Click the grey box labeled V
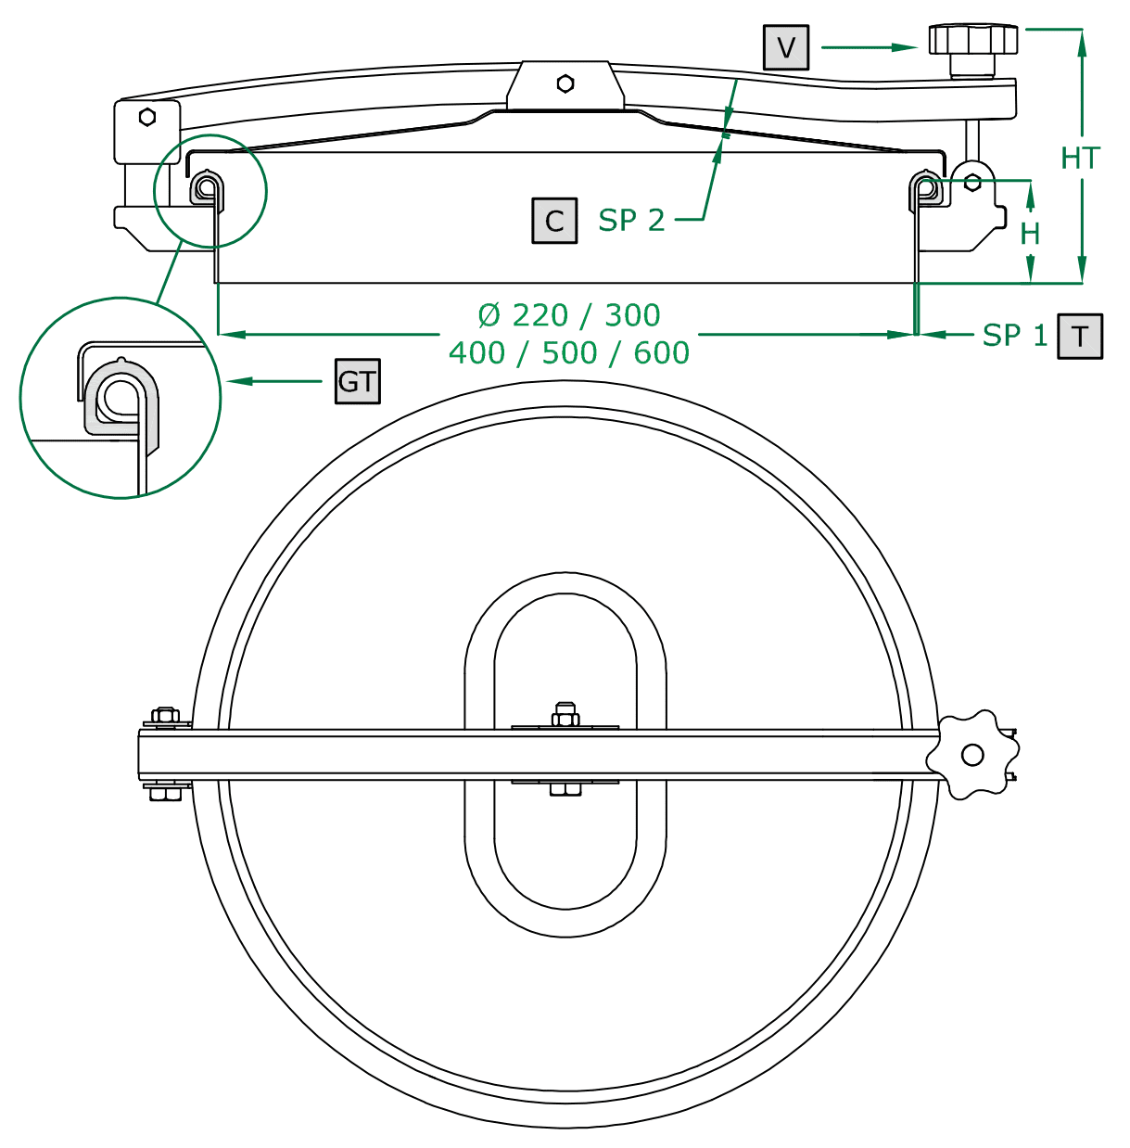[786, 47]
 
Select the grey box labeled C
[554, 221]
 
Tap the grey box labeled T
[1080, 336]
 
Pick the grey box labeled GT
[358, 381]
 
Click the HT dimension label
[1080, 159]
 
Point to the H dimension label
[1030, 233]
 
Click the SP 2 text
[631, 221]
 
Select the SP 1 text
[1015, 335]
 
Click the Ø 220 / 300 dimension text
[569, 315]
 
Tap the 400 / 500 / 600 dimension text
[569, 353]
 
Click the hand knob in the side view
[973, 41]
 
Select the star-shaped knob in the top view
[971, 755]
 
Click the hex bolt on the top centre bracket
[565, 83]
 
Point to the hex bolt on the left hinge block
[146, 117]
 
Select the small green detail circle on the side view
[210, 191]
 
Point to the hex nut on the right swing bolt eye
[972, 183]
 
